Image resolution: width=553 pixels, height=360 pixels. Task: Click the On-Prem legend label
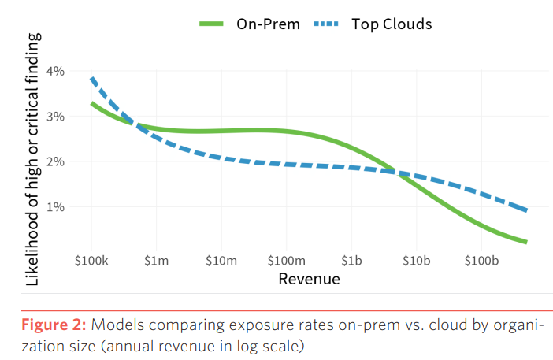(x=268, y=24)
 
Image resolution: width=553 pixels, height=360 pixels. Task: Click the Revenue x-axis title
(x=309, y=280)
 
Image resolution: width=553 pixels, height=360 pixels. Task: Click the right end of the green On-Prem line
(x=525, y=242)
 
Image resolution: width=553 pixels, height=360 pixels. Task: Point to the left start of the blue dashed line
(x=92, y=78)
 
